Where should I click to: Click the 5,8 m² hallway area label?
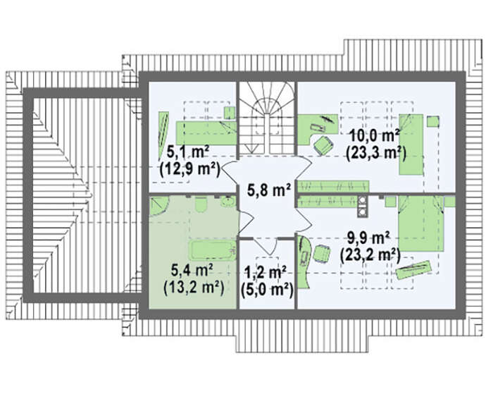point(268,190)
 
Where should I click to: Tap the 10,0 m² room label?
point(374,136)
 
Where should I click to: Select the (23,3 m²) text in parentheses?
point(375,154)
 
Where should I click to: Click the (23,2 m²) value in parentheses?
point(370,255)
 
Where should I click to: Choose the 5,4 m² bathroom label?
point(192,270)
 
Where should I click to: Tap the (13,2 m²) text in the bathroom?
point(194,288)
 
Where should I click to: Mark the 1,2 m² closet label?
point(265,272)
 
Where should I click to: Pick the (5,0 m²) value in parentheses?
point(267,290)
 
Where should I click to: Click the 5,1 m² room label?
point(188,153)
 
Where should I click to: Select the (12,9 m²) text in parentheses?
point(189,170)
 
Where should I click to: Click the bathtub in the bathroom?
point(213,251)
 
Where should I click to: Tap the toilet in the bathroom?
point(201,203)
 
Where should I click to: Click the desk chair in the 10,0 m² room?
point(323,145)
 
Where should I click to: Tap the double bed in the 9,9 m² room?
point(421,223)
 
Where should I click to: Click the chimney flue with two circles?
point(363,207)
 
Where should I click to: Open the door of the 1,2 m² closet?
point(265,246)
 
